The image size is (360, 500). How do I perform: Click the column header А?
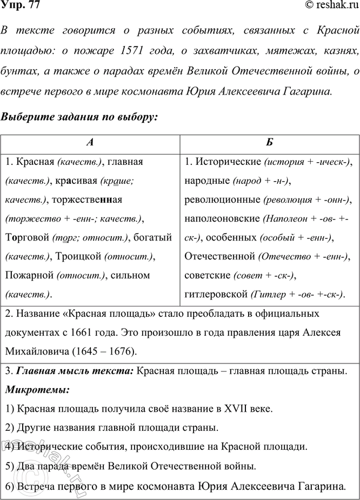[91, 143]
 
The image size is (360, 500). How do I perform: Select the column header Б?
[269, 143]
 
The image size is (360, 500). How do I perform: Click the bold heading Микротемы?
[36, 389]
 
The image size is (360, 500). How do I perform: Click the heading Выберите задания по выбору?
[81, 117]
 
